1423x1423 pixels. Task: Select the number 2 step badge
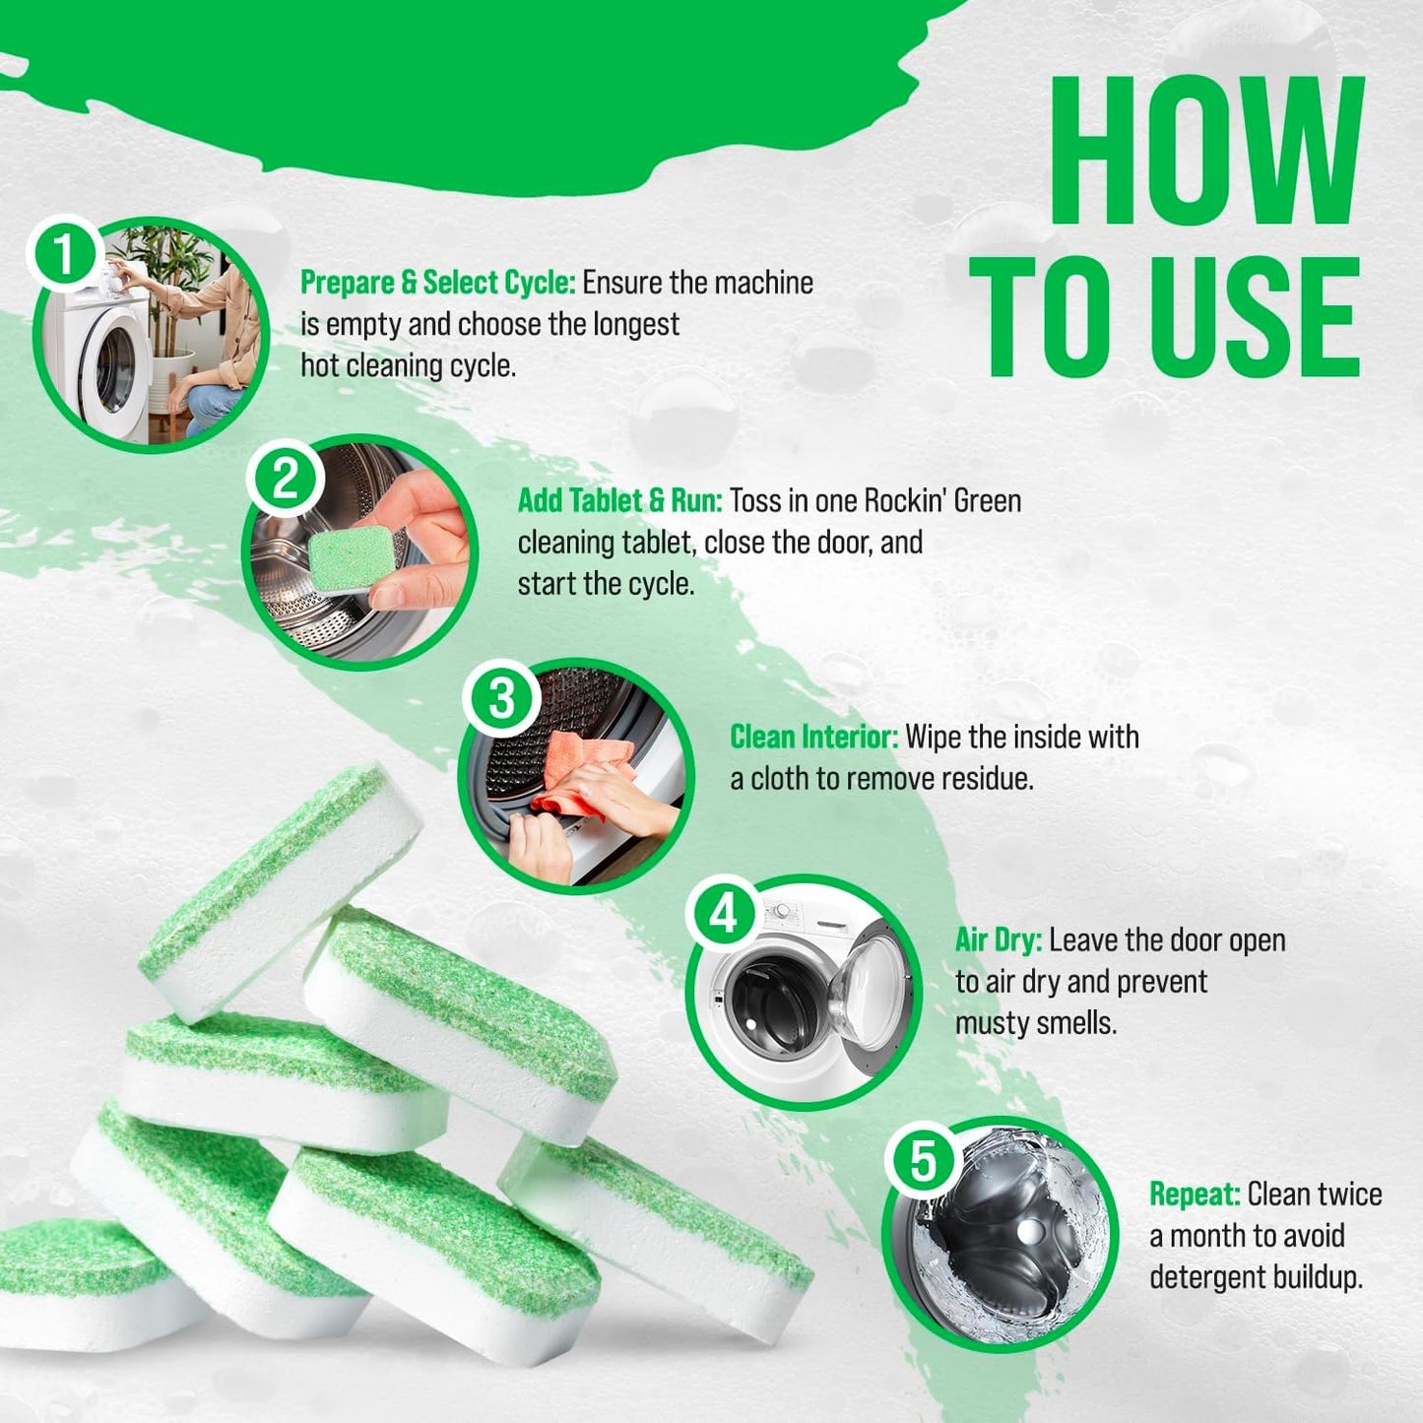[x=285, y=480]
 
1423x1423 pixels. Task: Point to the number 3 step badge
[x=501, y=698]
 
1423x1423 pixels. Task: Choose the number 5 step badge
[x=922, y=1160]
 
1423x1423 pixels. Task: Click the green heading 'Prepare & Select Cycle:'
[x=437, y=283]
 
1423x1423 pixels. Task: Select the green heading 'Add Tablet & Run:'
[x=619, y=500]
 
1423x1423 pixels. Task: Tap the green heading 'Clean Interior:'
[x=813, y=737]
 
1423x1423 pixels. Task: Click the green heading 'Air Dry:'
[x=998, y=940]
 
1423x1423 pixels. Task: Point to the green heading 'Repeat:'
[x=1194, y=1195]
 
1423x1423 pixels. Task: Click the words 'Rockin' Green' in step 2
[x=942, y=500]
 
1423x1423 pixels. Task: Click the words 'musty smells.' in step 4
[x=1036, y=1023]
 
